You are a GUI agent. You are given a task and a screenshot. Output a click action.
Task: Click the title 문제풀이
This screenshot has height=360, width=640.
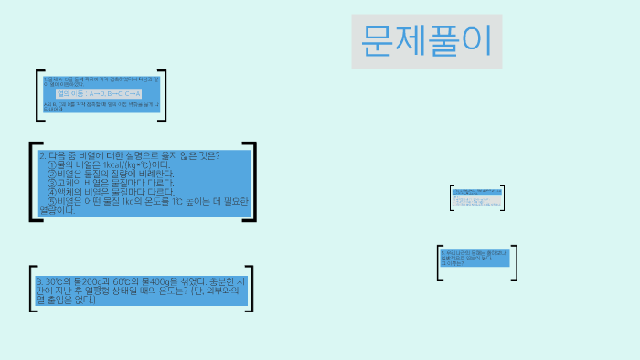(426, 41)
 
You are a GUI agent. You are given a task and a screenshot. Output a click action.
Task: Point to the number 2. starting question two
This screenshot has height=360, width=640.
(43, 155)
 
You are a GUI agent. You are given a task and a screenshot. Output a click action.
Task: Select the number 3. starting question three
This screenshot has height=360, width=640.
(39, 281)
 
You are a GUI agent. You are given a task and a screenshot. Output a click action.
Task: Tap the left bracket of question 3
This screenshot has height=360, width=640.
(33, 290)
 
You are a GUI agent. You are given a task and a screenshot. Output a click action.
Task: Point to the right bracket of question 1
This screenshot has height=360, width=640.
(163, 94)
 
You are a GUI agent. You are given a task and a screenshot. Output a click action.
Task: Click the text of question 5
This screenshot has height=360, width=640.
(475, 258)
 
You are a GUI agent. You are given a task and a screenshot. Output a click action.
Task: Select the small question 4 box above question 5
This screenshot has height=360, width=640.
(475, 196)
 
